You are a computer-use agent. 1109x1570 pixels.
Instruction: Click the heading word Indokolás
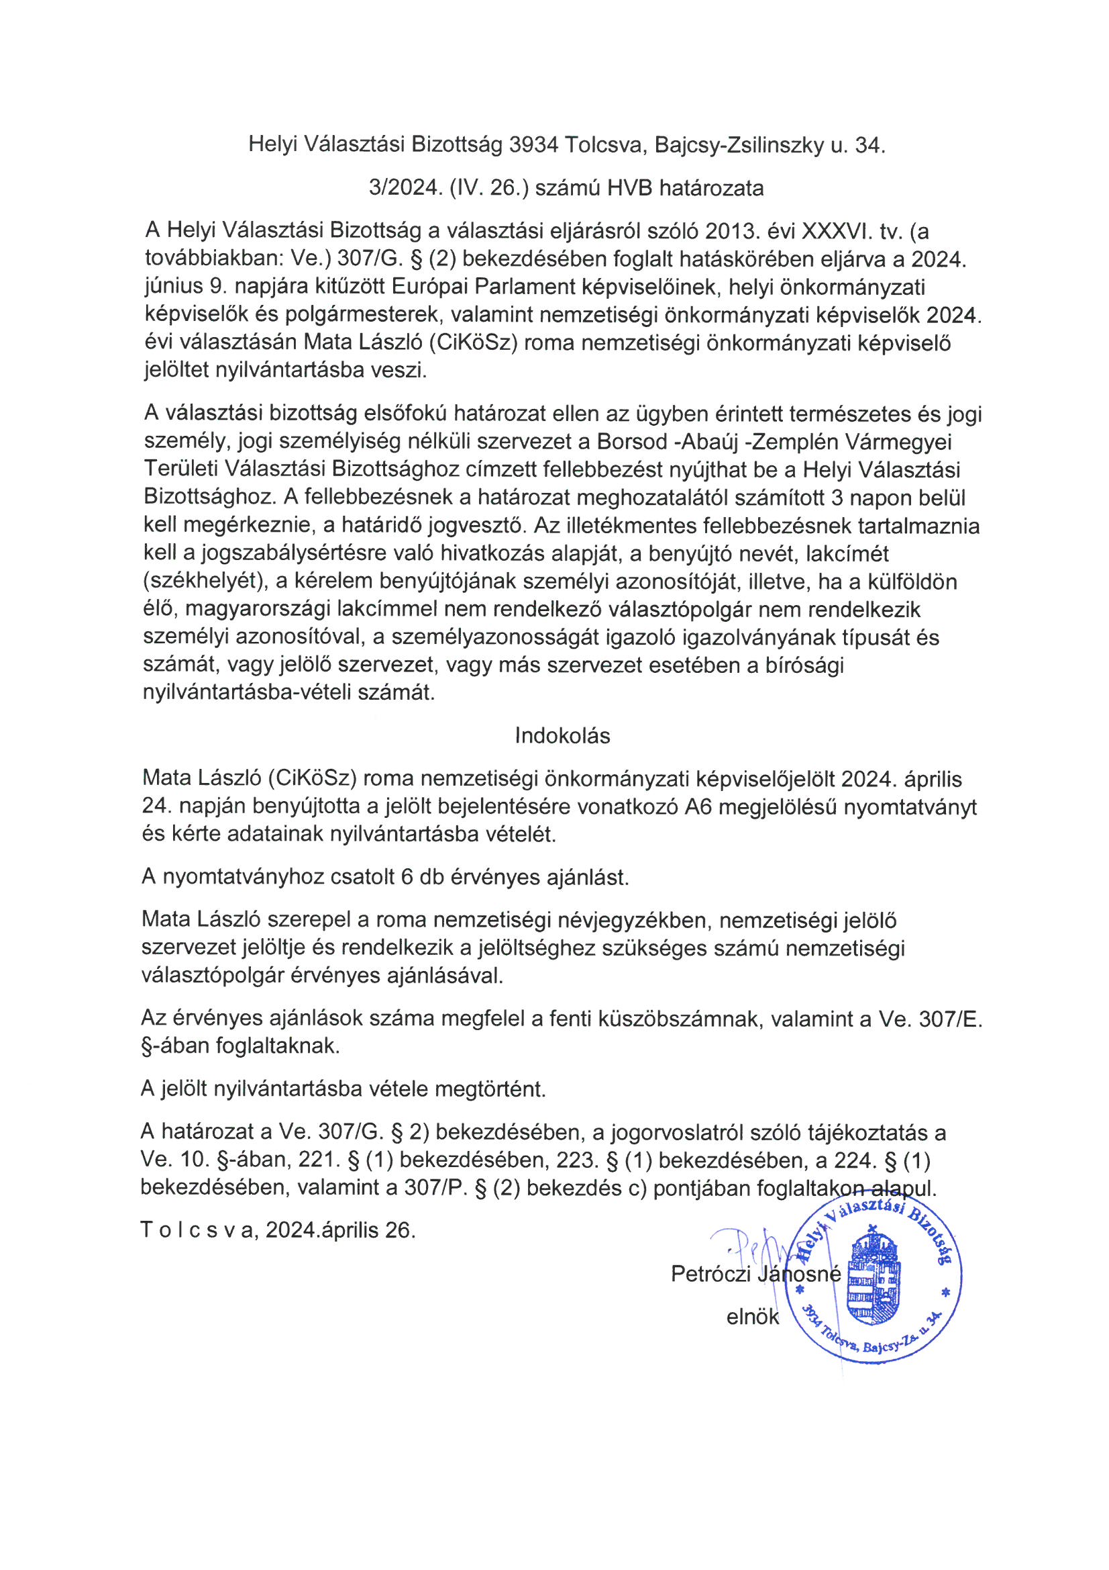pyautogui.click(x=562, y=737)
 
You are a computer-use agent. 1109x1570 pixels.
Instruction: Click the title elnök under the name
pyautogui.click(x=752, y=1317)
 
